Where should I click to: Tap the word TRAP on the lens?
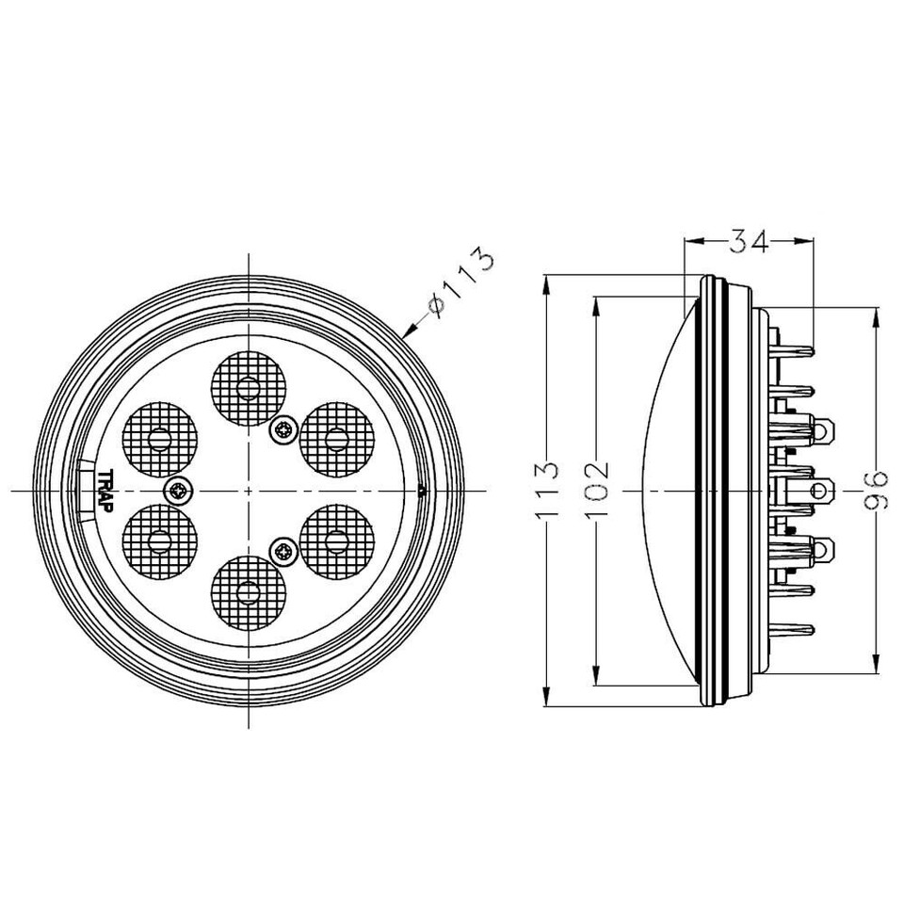coord(105,491)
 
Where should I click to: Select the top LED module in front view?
coord(249,385)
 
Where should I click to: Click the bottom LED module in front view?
coord(249,591)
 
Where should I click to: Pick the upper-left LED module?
coord(161,437)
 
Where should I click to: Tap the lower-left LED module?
coord(161,540)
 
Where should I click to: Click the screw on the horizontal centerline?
coord(178,490)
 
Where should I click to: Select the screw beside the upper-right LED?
coord(283,430)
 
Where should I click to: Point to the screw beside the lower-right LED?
coord(283,550)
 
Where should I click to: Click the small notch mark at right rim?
coord(421,490)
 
